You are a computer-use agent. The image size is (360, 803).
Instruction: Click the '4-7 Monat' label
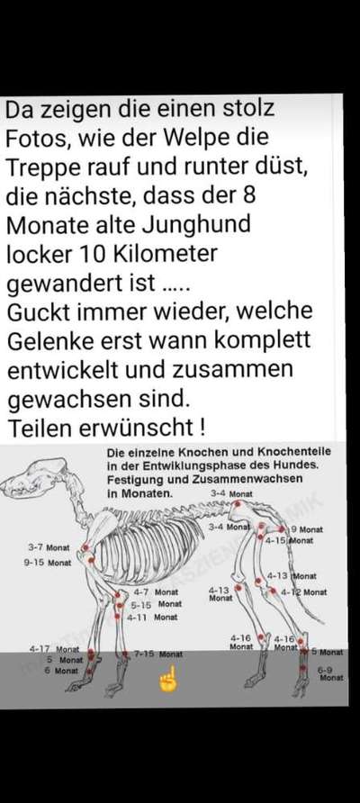155,592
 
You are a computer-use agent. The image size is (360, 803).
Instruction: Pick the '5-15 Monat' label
155,605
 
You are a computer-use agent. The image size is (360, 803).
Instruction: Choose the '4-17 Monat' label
52,648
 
